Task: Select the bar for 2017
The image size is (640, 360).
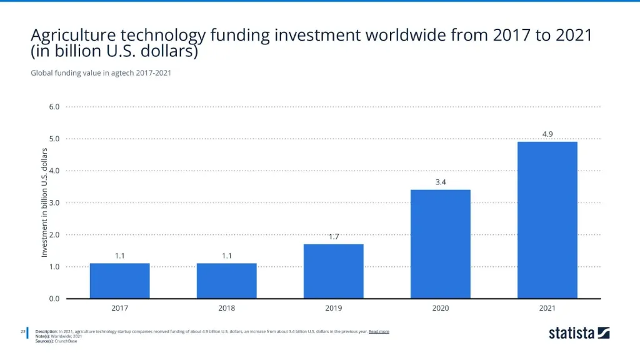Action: [x=119, y=281]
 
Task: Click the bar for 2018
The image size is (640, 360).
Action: [x=226, y=281]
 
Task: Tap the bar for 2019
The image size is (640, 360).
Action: [x=333, y=271]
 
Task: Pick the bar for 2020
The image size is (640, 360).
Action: [x=440, y=244]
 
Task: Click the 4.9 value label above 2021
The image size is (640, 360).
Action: [x=547, y=134]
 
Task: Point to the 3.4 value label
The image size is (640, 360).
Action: [x=441, y=182]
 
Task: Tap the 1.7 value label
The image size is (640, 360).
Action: [x=334, y=236]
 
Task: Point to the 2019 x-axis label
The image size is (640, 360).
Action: [x=333, y=308]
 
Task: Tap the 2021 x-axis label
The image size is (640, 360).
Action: [x=547, y=308]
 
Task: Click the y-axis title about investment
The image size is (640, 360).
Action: [x=44, y=202]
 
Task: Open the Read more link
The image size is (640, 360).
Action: [x=379, y=331]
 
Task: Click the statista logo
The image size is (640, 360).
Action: [x=579, y=333]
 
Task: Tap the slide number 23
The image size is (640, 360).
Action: [x=22, y=331]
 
